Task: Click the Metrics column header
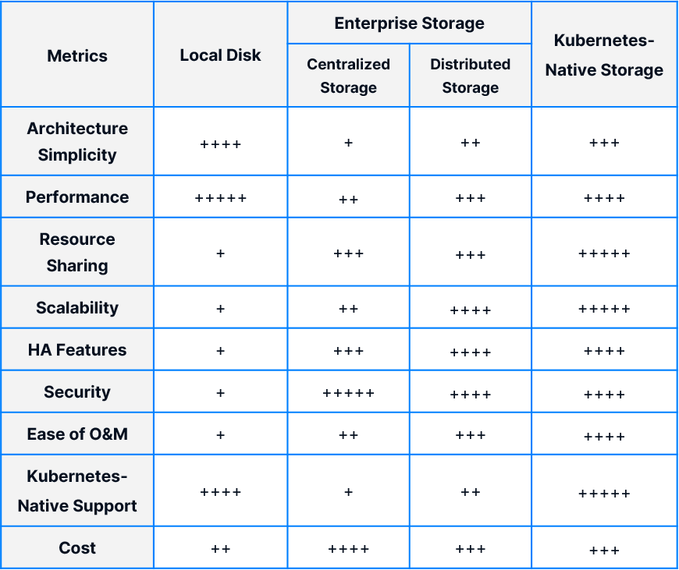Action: [x=77, y=56]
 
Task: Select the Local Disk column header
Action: [x=220, y=55]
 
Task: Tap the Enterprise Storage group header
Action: [x=409, y=23]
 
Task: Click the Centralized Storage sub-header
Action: [x=348, y=76]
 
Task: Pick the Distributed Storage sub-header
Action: [x=471, y=76]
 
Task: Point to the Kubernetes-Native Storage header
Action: [x=604, y=55]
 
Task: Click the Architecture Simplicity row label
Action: [x=77, y=142]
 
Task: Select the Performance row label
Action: [x=77, y=197]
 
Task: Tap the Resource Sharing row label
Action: [x=77, y=253]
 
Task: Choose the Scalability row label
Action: [x=77, y=308]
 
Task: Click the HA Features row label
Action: [x=77, y=349]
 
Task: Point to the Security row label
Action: [x=77, y=392]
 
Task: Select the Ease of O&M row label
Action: [x=77, y=434]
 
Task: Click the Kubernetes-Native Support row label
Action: [x=77, y=490]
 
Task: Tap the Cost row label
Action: [x=77, y=548]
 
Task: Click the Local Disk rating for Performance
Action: [x=220, y=198]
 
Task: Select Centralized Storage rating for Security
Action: [x=348, y=393]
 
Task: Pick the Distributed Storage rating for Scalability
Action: [x=471, y=310]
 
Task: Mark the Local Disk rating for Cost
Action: [x=220, y=549]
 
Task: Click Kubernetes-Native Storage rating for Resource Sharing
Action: [x=604, y=253]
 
